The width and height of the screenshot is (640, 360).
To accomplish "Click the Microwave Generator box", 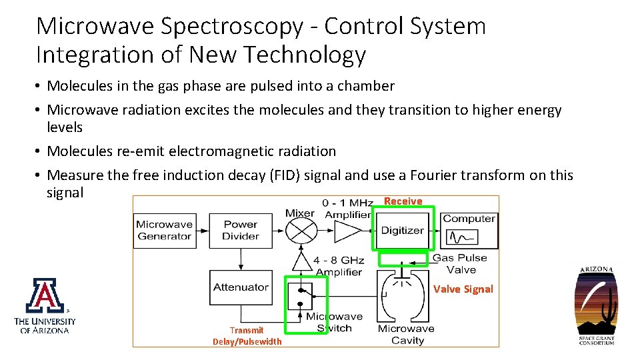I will pos(164,231).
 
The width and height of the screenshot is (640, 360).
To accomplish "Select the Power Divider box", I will pos(241,231).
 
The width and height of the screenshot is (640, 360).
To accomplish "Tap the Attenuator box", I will pos(241,287).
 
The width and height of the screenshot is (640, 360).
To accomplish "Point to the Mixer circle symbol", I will pos(301,231).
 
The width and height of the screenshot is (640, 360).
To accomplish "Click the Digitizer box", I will pos(402,231).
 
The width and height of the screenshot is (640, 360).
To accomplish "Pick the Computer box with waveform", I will pos(469,230).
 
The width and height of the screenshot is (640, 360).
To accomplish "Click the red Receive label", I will pos(403,201).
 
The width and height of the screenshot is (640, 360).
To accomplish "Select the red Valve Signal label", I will pos(463,289).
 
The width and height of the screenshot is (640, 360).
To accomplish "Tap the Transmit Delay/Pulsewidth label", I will pos(247,336).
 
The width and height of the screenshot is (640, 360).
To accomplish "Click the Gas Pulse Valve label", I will pos(461,264).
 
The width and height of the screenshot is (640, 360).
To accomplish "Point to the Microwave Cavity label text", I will pos(406,335).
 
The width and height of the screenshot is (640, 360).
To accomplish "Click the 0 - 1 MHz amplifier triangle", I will pos(346,231).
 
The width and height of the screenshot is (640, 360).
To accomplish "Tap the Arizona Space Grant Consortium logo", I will pos(596,305).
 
